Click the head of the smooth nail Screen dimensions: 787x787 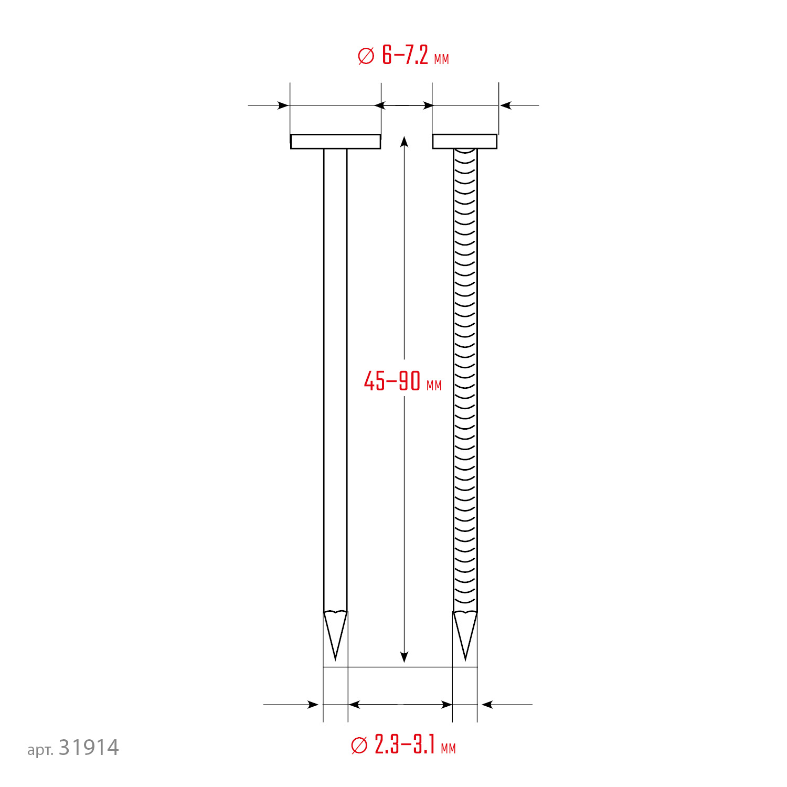point(335,142)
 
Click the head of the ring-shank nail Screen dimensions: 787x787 point(465,142)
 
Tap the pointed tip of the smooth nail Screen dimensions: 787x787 point(335,660)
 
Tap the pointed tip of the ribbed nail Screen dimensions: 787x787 point(465,660)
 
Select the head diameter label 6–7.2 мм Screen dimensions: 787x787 point(403,56)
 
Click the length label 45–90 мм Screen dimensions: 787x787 point(402,381)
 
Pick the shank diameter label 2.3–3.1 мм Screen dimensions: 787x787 point(403,745)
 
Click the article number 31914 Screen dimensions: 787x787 point(89,748)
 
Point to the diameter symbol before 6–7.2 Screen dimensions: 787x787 point(366,56)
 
